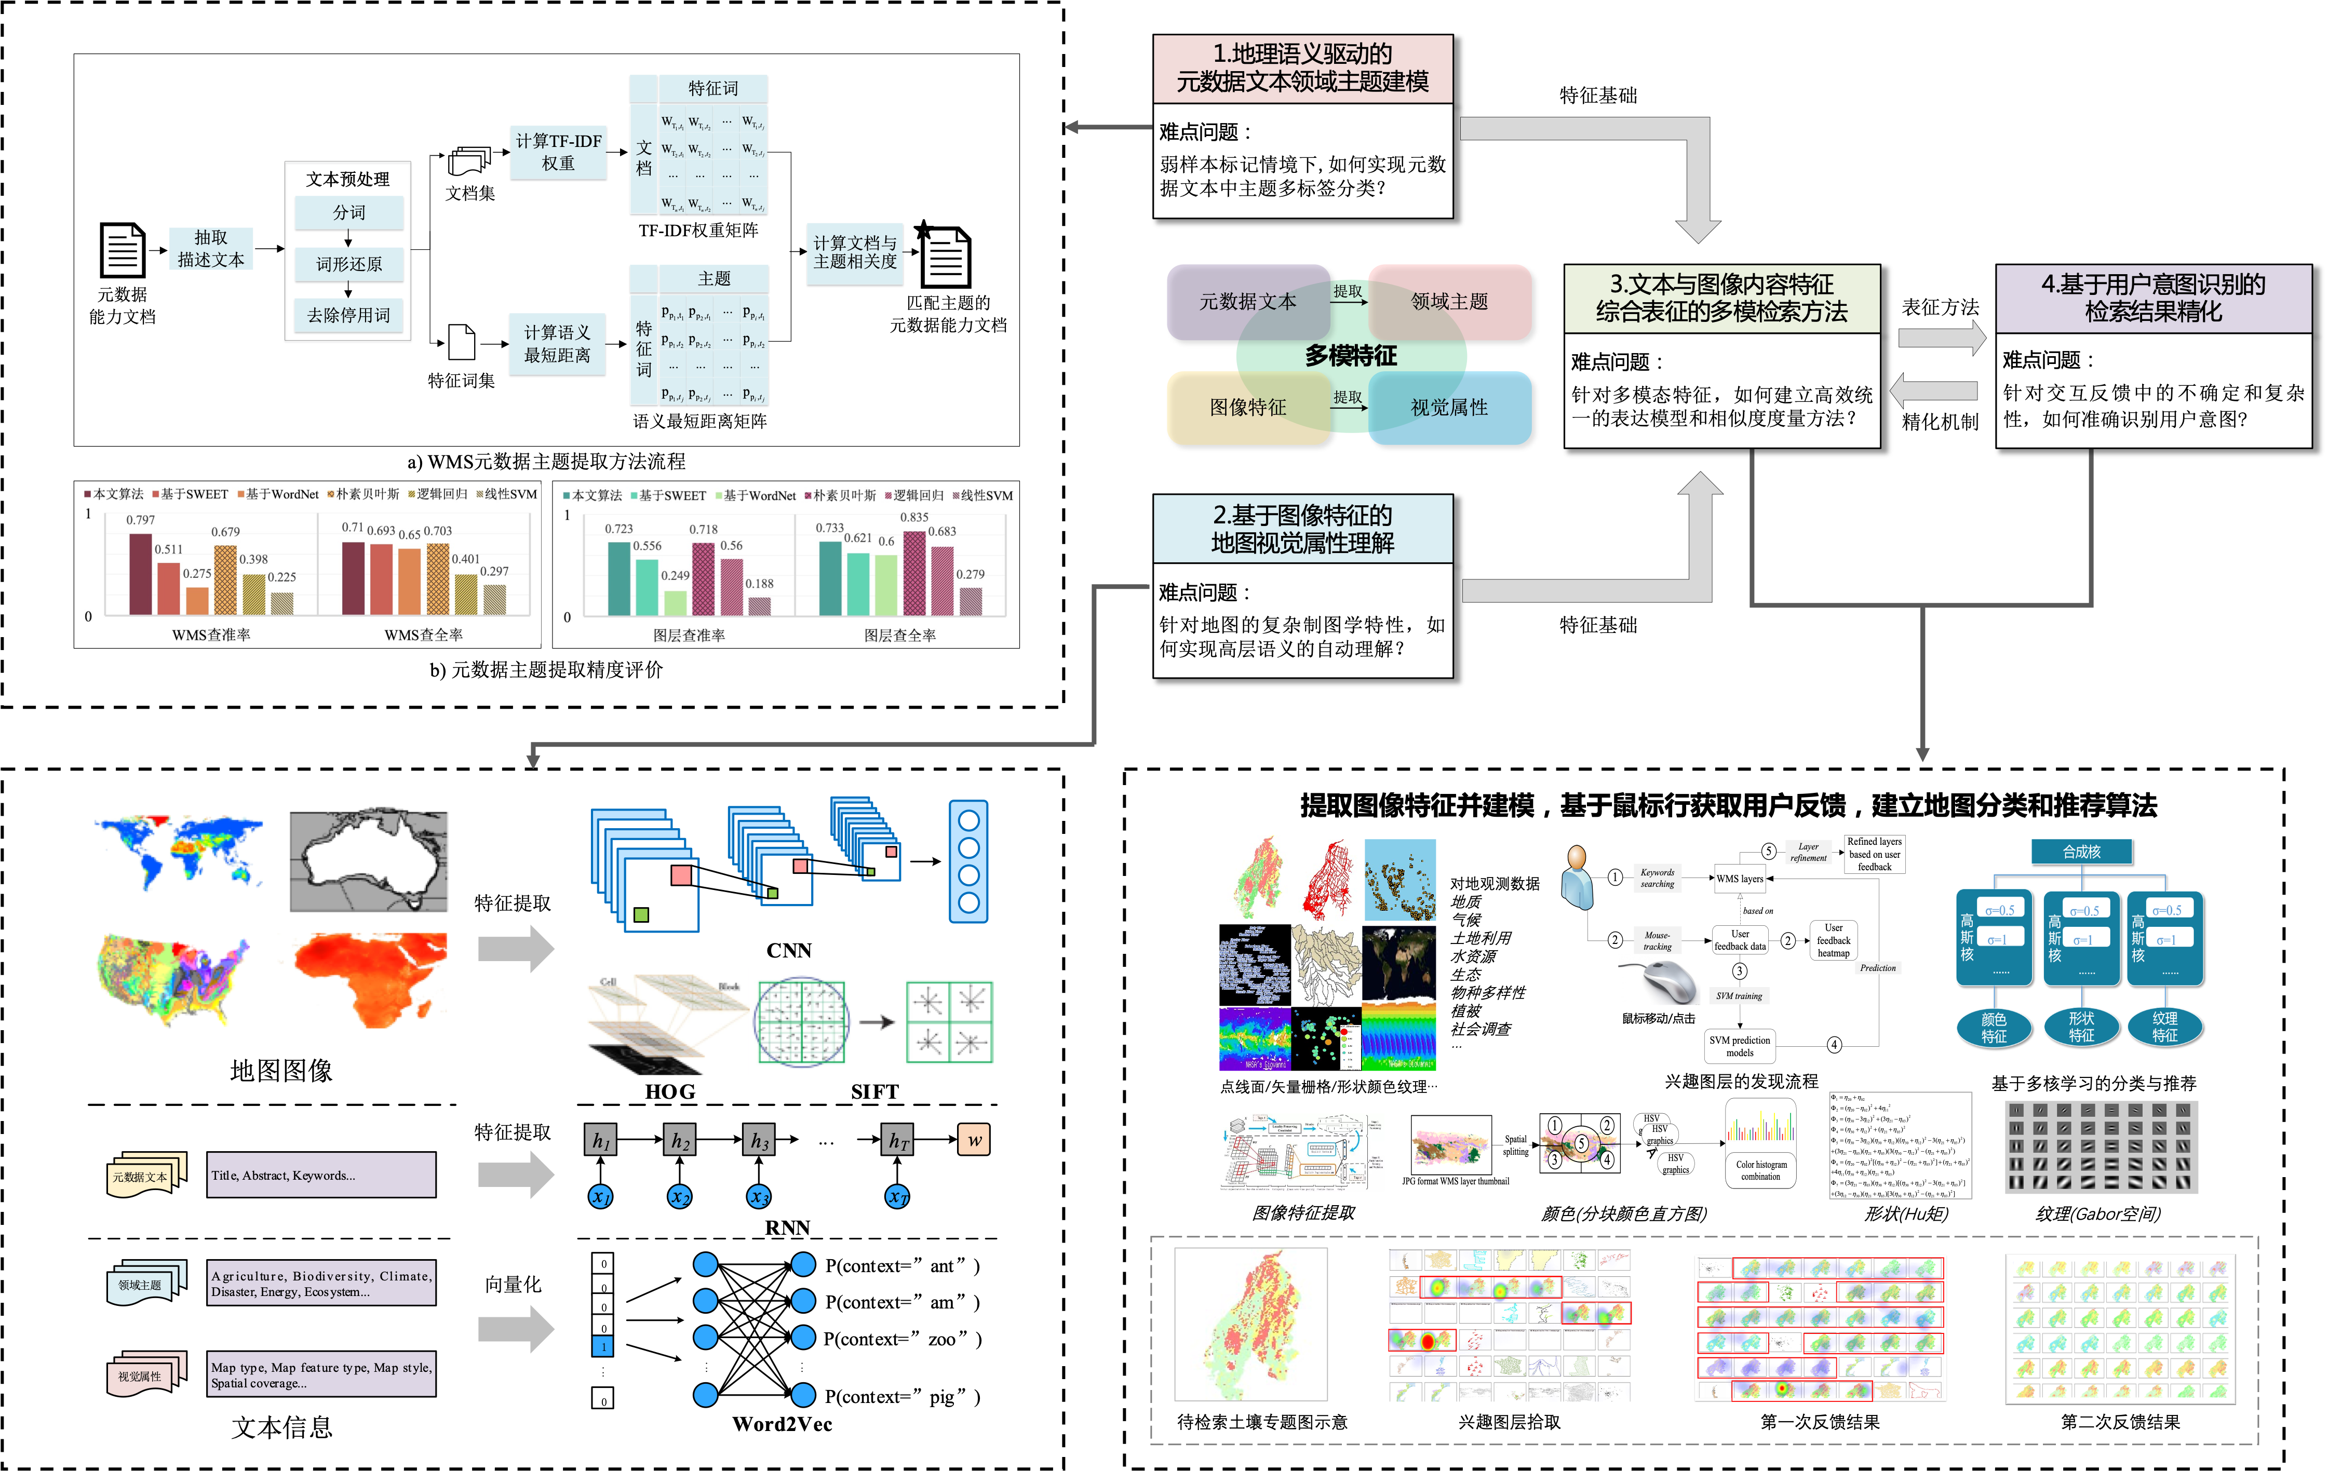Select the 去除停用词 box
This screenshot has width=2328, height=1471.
coord(349,315)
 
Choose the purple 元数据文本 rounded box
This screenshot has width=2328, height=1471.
coord(1247,302)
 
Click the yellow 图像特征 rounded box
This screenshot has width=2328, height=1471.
coord(1247,408)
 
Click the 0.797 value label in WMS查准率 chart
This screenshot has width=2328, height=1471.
coord(140,520)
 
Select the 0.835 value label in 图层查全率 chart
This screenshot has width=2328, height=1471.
coord(913,517)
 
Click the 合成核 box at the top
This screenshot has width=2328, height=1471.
coord(2081,852)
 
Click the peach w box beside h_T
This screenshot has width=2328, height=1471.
coord(974,1140)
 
